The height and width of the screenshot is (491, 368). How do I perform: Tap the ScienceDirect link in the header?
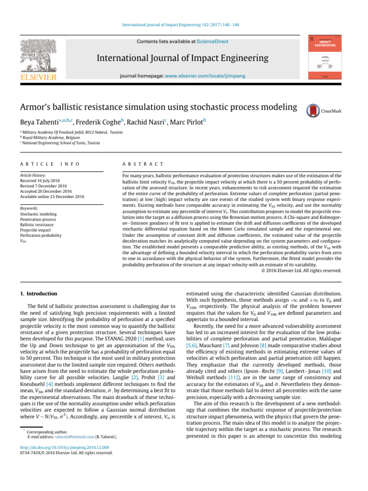click(212, 42)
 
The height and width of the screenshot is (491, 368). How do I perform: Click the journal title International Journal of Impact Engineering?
click(183, 58)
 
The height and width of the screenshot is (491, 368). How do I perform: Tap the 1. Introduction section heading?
click(38, 293)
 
